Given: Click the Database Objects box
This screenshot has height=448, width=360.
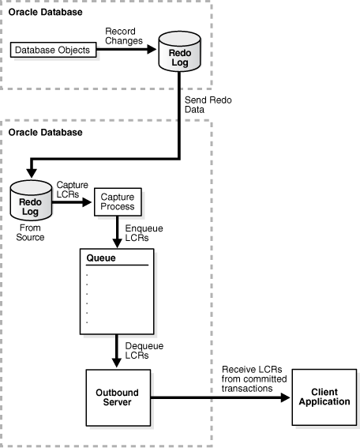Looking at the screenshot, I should [53, 50].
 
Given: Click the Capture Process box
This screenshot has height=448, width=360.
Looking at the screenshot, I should [116, 201].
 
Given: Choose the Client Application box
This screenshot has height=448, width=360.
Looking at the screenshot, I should [324, 396].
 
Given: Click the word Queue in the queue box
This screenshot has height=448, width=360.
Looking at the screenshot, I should [99, 258].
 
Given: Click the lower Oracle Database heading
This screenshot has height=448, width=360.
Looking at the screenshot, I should [45, 132].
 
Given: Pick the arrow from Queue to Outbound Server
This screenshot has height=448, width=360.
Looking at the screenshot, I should [116, 348].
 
